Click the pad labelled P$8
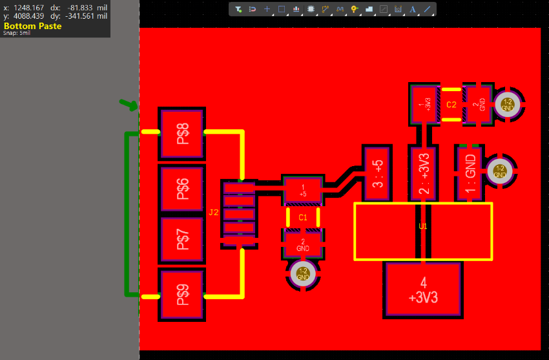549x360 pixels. pyautogui.click(x=181, y=134)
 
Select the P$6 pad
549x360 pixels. pyautogui.click(x=181, y=189)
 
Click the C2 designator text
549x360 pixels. pyautogui.click(x=451, y=105)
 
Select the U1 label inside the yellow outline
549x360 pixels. pyautogui.click(x=423, y=227)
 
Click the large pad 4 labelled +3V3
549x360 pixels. pyautogui.click(x=423, y=290)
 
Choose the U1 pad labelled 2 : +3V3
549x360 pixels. pyautogui.click(x=423, y=173)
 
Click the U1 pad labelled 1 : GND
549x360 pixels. pyautogui.click(x=470, y=171)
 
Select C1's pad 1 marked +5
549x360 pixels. pyautogui.click(x=303, y=190)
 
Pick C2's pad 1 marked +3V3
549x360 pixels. pyautogui.click(x=424, y=104)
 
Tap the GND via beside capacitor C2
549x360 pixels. pyautogui.click(x=508, y=103)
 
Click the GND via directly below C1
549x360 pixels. pyautogui.click(x=303, y=274)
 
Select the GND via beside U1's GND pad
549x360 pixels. pyautogui.click(x=500, y=171)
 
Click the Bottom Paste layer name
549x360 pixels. pyautogui.click(x=33, y=26)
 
